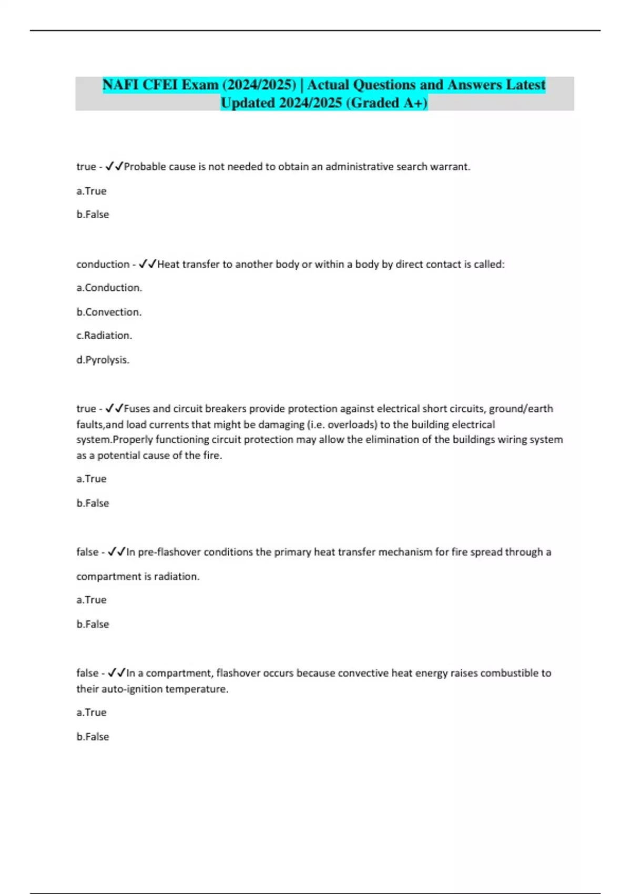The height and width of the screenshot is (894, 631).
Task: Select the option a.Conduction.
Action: [109, 288]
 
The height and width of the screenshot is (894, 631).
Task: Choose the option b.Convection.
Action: [109, 312]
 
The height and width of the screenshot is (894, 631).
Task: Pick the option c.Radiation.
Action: [104, 336]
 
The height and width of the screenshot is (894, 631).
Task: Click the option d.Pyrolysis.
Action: [103, 360]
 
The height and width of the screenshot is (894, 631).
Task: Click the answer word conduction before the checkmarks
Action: [103, 264]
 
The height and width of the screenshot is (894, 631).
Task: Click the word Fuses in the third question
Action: [137, 409]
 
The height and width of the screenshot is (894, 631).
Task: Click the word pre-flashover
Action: [169, 552]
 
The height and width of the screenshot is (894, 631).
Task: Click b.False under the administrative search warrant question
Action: [93, 215]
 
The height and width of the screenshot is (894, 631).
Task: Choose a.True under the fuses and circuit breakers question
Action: [91, 479]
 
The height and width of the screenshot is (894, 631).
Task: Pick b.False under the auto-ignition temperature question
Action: [93, 737]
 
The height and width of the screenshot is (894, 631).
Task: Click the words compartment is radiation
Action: [138, 576]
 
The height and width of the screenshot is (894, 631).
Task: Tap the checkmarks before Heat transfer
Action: [148, 264]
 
